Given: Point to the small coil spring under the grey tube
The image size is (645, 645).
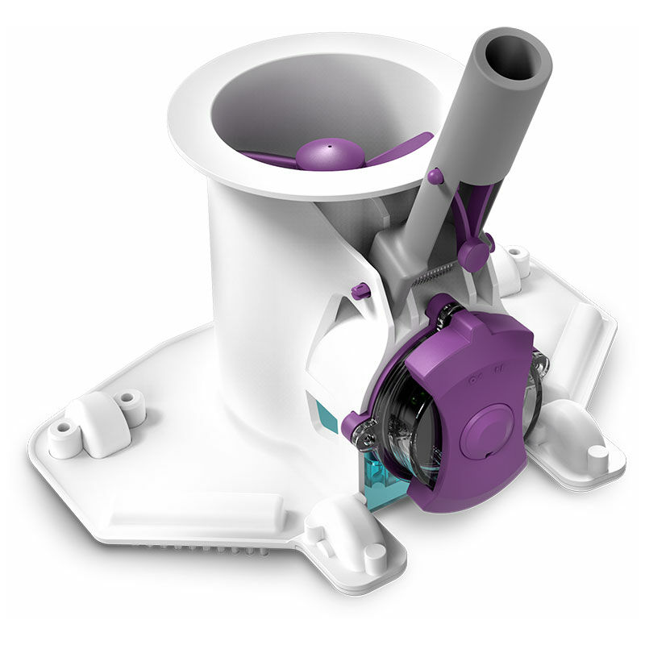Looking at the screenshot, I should [432, 276].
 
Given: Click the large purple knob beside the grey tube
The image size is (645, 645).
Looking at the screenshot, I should [474, 256].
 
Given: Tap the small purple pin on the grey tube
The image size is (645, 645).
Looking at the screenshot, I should [435, 176].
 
